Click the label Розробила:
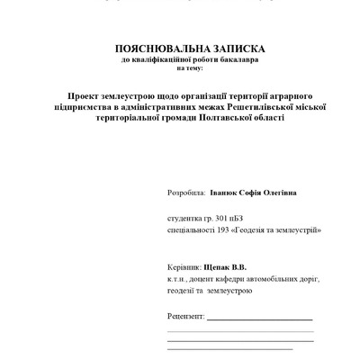[186, 193]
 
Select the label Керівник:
[184, 267]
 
